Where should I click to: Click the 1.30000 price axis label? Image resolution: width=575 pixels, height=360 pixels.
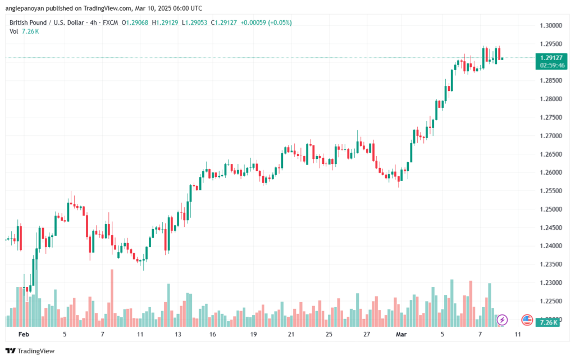tap(550, 25)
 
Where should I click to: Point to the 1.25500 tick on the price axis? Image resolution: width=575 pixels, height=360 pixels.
tap(550, 191)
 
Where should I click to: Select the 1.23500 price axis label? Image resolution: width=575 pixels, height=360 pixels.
tap(550, 265)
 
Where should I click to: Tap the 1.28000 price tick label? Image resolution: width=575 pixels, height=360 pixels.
tap(550, 99)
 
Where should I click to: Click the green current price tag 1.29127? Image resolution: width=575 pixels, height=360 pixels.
tap(550, 57)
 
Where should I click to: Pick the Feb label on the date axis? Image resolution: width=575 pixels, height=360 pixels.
tap(23, 334)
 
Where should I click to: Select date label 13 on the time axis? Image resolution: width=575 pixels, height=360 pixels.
tap(178, 334)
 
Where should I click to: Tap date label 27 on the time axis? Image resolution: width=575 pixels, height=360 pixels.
tap(366, 334)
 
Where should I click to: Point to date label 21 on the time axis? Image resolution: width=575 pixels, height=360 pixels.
tap(291, 334)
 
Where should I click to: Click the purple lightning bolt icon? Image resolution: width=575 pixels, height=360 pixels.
tap(502, 320)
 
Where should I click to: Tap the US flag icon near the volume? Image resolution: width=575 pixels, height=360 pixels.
tap(527, 320)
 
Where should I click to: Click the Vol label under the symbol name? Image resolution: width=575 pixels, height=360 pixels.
tap(15, 31)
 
